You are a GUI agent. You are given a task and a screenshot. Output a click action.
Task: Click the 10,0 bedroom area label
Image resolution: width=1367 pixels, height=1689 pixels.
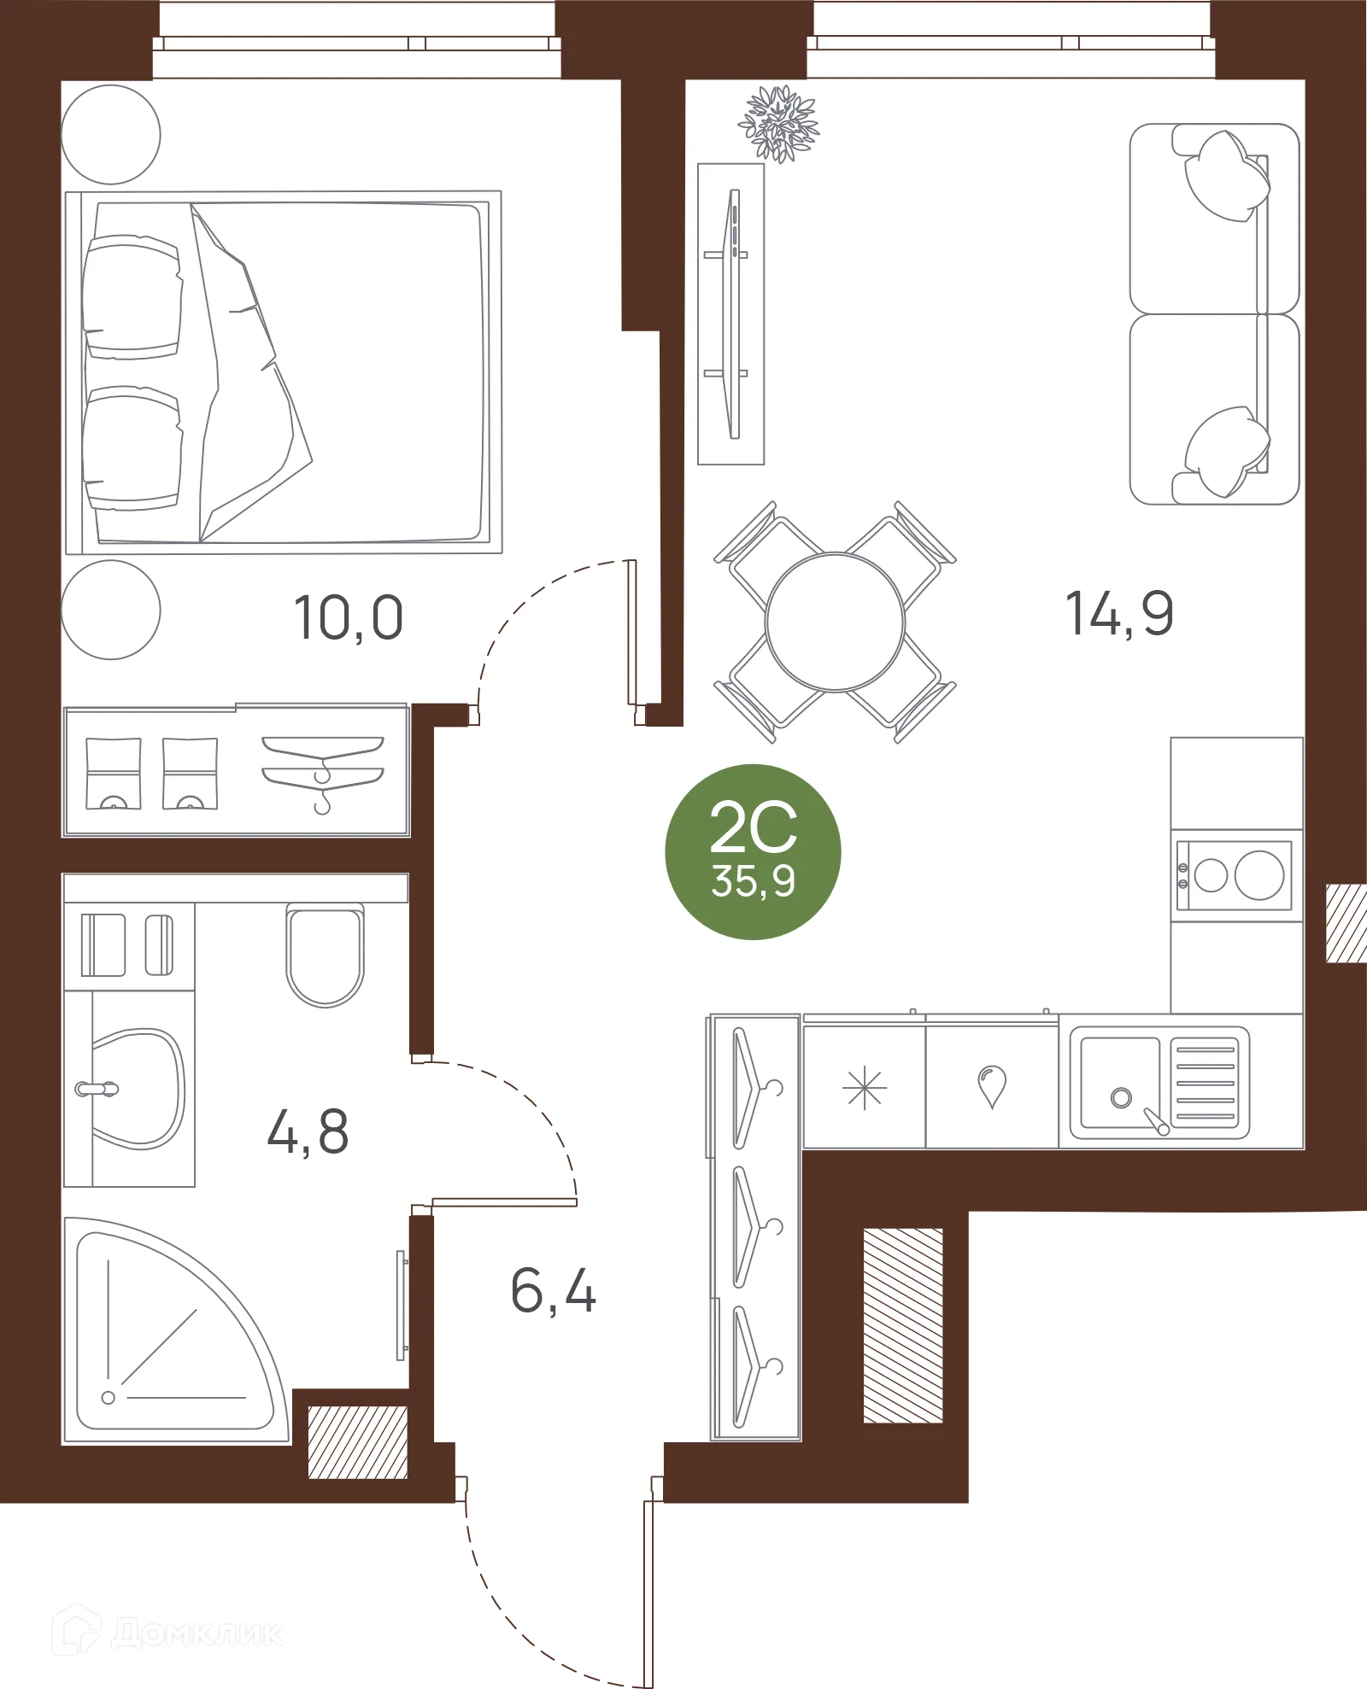[349, 617]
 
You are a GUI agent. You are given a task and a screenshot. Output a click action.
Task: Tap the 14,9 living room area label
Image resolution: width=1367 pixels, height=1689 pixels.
[1119, 613]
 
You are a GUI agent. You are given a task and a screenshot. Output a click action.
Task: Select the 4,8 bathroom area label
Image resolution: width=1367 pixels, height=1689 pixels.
[308, 1131]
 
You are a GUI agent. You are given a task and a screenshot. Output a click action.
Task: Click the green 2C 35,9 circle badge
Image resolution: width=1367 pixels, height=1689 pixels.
[753, 851]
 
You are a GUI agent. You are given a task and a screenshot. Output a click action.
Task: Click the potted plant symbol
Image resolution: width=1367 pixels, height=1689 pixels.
[778, 124]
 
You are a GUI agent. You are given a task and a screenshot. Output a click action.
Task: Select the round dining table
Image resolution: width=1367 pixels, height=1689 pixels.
[835, 622]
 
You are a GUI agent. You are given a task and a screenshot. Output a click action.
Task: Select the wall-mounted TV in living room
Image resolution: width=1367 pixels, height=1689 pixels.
[732, 314]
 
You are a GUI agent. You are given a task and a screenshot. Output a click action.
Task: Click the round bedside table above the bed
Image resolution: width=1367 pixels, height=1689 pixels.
[111, 134]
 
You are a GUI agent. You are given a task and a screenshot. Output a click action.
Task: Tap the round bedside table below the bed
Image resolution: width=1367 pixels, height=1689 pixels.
[111, 610]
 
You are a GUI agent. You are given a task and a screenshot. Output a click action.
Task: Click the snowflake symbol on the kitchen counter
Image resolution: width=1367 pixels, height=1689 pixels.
[864, 1089]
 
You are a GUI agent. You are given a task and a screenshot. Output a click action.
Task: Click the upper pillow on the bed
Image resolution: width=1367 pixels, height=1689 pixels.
[132, 296]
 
